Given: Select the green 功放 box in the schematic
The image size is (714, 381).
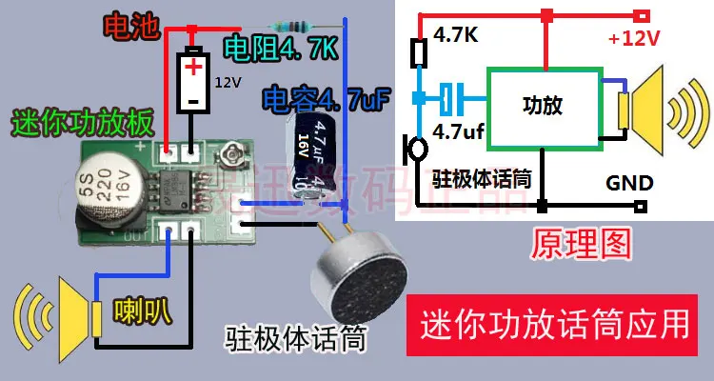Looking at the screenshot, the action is click(x=543, y=106).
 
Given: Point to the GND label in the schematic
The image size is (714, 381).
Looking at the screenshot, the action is click(x=628, y=182).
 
